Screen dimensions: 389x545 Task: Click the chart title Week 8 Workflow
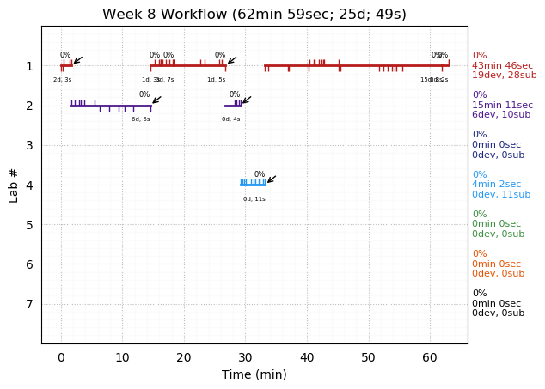click(254, 14)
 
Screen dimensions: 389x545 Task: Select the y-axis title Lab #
click(14, 185)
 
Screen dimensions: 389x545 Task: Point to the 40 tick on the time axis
click(307, 343)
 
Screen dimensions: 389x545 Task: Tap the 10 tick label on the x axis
click(122, 356)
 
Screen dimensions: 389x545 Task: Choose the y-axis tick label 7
click(29, 304)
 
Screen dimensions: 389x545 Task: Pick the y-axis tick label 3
click(29, 145)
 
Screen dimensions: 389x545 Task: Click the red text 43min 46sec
click(502, 65)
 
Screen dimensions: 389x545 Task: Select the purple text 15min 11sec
click(502, 106)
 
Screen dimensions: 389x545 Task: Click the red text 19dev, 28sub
click(504, 76)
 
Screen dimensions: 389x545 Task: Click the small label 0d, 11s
click(254, 199)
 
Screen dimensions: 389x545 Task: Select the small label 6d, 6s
click(141, 119)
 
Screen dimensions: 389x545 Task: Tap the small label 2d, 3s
click(63, 80)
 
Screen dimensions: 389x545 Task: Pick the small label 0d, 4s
click(231, 119)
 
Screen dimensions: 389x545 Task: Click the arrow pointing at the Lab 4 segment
click(271, 179)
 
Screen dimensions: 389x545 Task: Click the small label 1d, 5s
click(217, 80)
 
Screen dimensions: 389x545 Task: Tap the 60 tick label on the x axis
click(430, 356)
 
